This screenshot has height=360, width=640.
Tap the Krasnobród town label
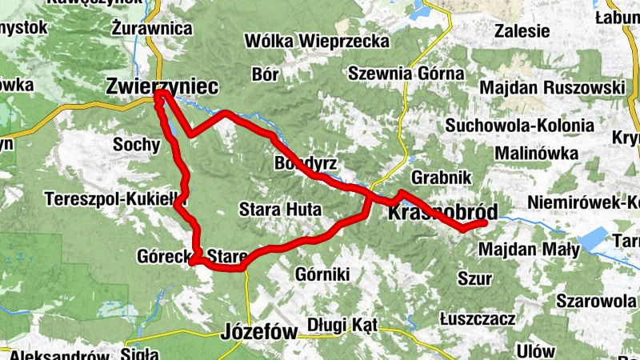point(442,212)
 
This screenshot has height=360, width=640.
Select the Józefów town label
point(259,330)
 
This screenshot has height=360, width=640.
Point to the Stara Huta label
point(280,210)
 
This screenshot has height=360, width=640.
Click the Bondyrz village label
point(306,163)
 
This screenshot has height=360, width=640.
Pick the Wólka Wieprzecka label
point(317,41)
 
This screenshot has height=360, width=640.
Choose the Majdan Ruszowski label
point(551,86)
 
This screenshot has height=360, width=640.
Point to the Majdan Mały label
point(529,250)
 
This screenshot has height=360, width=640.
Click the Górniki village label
point(323,274)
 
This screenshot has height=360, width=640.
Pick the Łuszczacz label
point(478,318)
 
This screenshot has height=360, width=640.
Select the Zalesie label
point(522,31)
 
